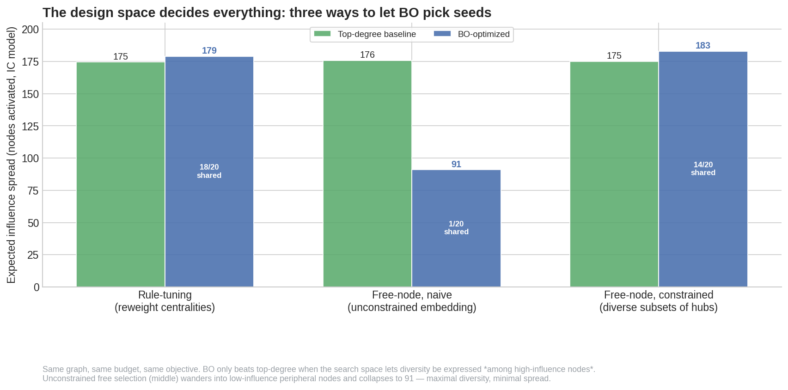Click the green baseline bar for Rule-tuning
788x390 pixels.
pyautogui.click(x=121, y=174)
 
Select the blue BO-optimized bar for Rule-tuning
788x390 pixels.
pyautogui.click(x=209, y=171)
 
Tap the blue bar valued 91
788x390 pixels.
pyautogui.click(x=456, y=228)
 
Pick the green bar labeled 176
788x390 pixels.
pyautogui.click(x=367, y=174)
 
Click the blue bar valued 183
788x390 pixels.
pyautogui.click(x=703, y=169)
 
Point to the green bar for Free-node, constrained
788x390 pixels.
pyautogui.click(x=614, y=174)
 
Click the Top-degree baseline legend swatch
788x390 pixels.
pyautogui.click(x=322, y=34)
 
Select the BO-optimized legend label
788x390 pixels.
pyautogui.click(x=484, y=34)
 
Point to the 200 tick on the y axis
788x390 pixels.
pyautogui.click(x=30, y=30)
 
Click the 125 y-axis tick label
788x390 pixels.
pyautogui.click(x=30, y=126)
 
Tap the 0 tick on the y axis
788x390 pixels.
pyautogui.click(x=37, y=287)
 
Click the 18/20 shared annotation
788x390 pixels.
pyautogui.click(x=209, y=171)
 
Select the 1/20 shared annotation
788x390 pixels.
pyautogui.click(x=456, y=228)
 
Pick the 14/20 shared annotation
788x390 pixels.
pyautogui.click(x=703, y=169)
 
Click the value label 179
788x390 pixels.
pyautogui.click(x=209, y=51)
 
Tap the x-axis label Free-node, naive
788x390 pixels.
pyautogui.click(x=412, y=295)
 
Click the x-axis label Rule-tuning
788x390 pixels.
pyautogui.click(x=165, y=295)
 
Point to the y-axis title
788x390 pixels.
pyautogui.click(x=11, y=155)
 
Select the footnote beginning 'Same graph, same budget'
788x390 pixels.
pyautogui.click(x=319, y=374)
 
